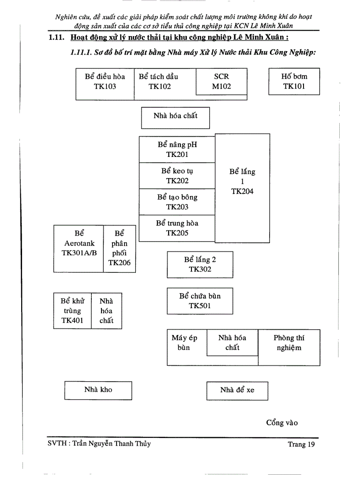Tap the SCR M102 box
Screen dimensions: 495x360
tap(221, 82)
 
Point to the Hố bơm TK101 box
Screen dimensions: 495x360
tap(294, 82)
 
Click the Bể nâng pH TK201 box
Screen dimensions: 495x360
tap(177, 149)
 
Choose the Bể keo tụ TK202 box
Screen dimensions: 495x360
tap(177, 176)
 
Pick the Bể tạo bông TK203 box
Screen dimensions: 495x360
tap(177, 202)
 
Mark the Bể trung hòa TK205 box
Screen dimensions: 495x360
tap(177, 228)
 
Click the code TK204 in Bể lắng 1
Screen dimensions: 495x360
tap(242, 191)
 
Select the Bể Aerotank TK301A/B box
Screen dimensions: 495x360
tap(79, 248)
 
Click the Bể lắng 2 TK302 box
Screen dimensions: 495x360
tap(200, 264)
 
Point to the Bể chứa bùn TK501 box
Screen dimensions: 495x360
tap(200, 301)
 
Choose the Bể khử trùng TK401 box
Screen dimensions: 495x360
tap(72, 311)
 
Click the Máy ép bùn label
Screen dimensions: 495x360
tap(184, 343)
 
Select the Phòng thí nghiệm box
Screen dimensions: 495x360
tap(289, 347)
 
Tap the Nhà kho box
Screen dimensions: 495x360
tap(98, 390)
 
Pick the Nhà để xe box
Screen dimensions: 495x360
tap(237, 391)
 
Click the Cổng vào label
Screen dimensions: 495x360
tap(282, 423)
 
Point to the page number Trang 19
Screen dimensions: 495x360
tap(301, 444)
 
